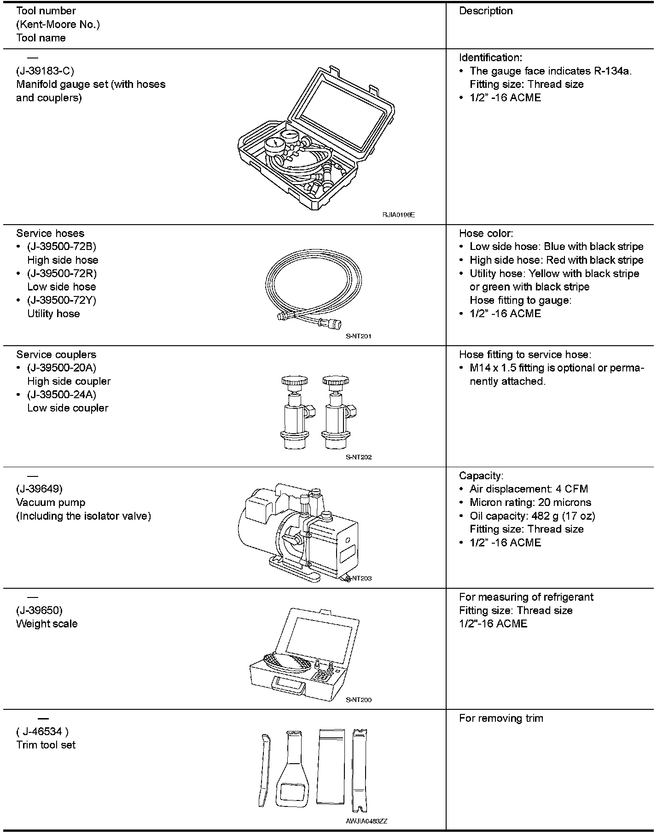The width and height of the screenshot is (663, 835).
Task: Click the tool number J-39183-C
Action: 45,71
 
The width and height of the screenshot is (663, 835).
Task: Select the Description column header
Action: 486,11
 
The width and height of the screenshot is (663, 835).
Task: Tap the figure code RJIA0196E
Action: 398,215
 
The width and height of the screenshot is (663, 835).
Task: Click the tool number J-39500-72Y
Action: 62,300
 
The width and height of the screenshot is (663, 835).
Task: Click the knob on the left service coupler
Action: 295,381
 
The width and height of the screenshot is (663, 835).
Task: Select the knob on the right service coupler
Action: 336,381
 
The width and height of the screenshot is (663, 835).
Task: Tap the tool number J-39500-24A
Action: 62,395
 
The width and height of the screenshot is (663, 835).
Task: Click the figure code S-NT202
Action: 359,457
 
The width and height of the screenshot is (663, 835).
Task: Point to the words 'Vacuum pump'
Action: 51,502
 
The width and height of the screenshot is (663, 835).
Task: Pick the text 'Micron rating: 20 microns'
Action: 530,502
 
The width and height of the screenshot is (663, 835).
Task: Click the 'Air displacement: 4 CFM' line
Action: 529,489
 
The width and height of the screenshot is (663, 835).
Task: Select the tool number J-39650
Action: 39,610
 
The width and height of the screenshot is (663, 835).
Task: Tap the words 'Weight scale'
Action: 47,624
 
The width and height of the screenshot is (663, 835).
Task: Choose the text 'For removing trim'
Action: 501,719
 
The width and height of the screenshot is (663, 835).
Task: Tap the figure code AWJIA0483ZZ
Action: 366,821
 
